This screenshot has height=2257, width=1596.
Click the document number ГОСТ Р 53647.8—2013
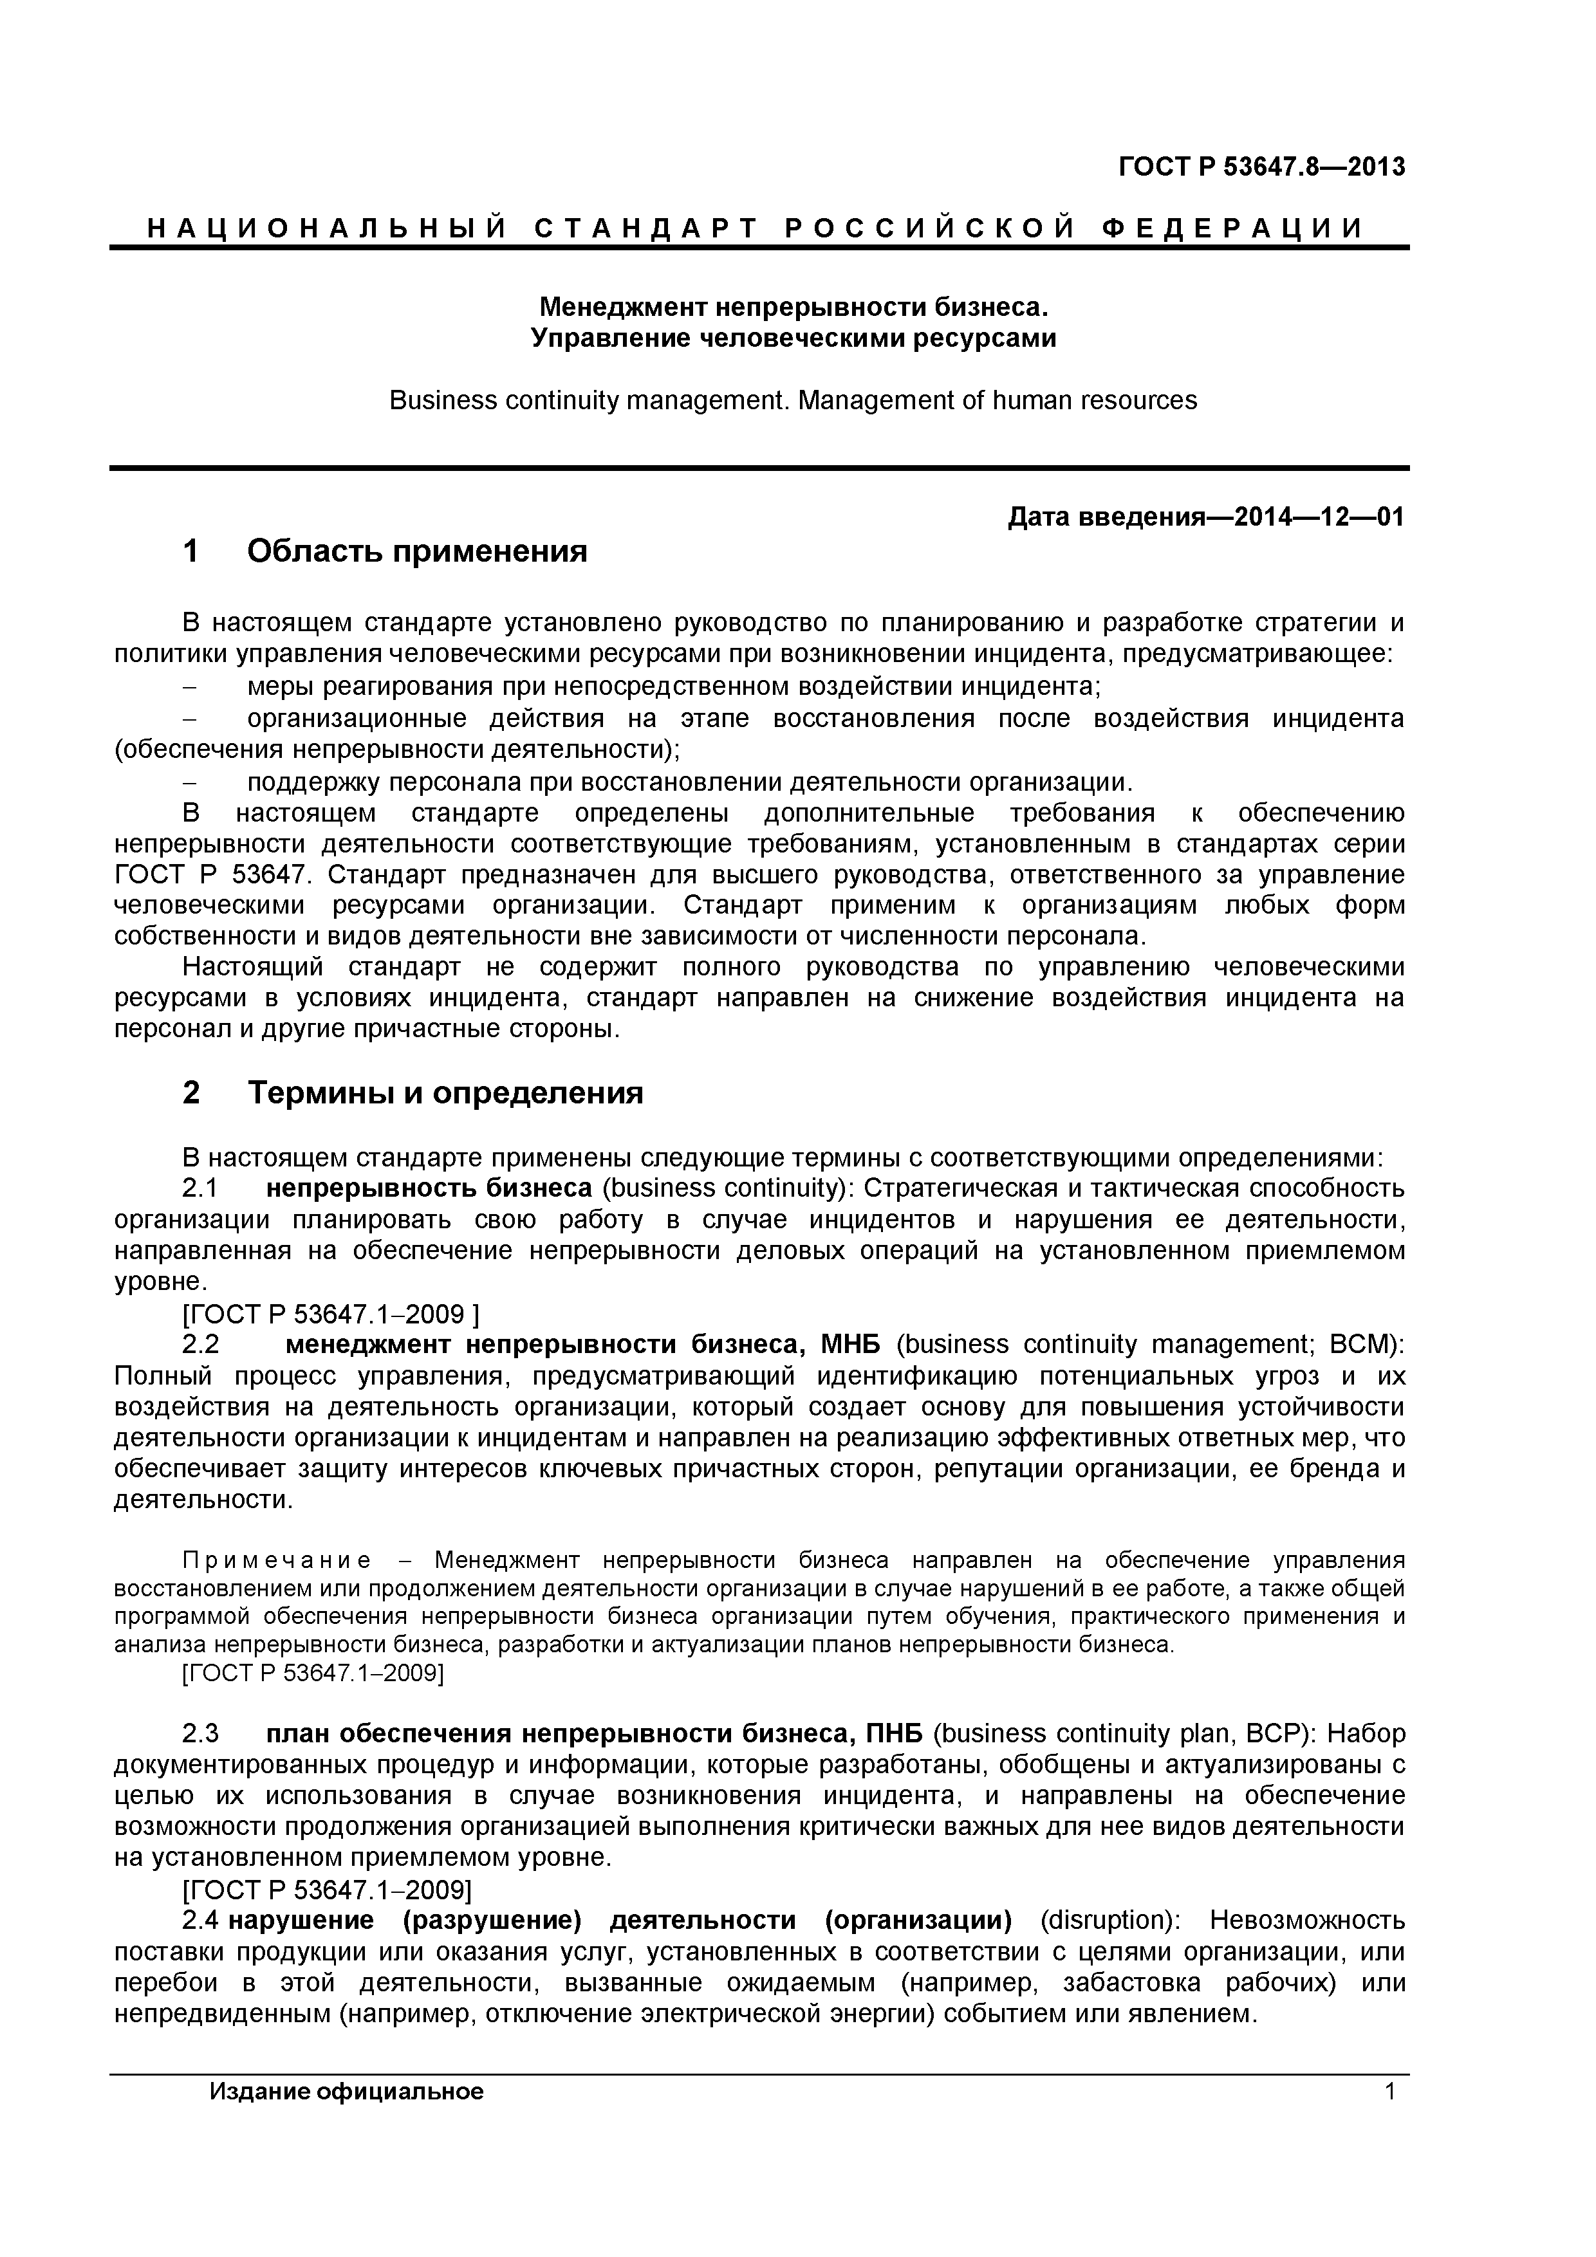pos(1261,167)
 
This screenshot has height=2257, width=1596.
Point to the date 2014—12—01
pos(1313,517)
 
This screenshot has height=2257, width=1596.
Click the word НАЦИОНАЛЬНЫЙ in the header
pos(326,229)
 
